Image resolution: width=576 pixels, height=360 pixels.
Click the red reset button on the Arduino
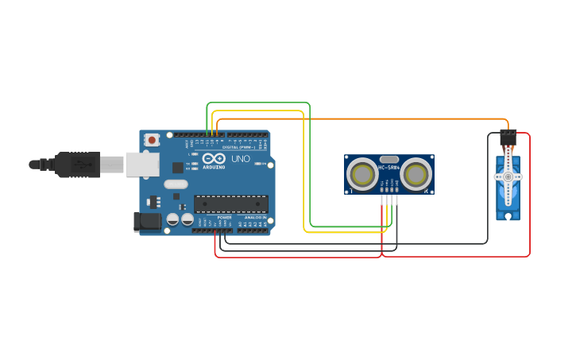(152, 140)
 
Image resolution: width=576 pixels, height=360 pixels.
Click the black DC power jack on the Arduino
(148, 222)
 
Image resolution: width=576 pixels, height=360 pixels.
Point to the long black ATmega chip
(231, 204)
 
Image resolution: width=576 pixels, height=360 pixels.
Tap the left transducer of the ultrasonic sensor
(363, 174)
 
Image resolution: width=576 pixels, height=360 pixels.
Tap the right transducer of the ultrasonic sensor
(416, 174)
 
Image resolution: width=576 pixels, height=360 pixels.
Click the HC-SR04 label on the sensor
(389, 168)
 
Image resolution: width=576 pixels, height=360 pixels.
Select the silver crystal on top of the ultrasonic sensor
(389, 159)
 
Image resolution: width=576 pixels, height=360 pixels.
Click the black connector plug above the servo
(508, 136)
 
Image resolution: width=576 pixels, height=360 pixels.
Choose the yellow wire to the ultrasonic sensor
(305, 175)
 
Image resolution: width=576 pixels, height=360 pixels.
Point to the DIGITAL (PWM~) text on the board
(238, 147)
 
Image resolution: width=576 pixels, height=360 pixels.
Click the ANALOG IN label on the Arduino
(255, 217)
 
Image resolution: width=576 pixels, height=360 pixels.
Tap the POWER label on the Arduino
(225, 217)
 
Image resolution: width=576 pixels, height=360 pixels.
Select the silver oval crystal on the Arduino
(176, 184)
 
